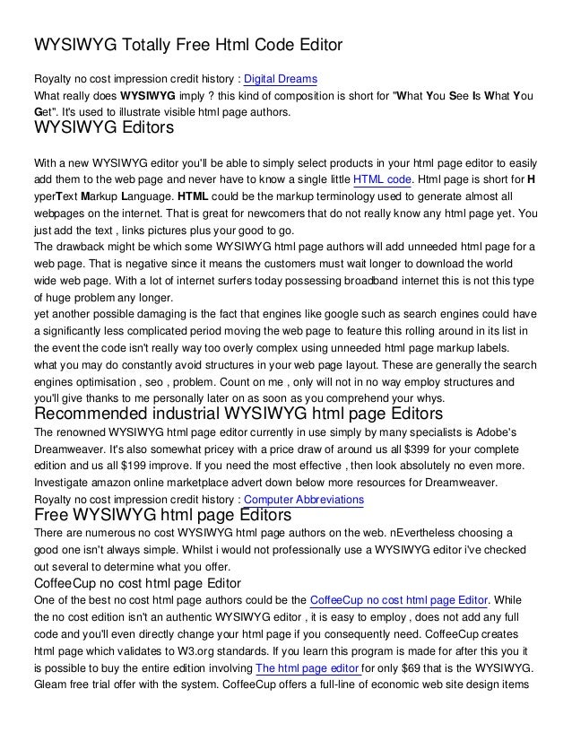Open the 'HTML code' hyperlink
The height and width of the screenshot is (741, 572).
(382, 179)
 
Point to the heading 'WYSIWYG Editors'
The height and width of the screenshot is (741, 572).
(103, 130)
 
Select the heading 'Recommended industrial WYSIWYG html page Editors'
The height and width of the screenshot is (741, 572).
(238, 414)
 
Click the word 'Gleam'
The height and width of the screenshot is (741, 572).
(50, 684)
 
